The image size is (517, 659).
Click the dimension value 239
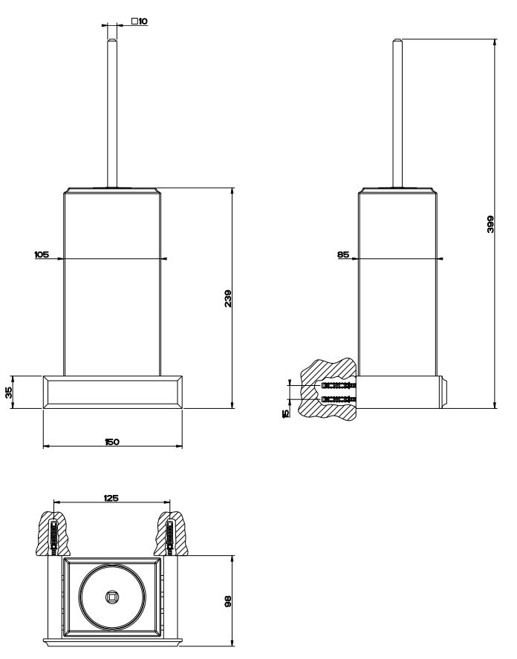[230, 298]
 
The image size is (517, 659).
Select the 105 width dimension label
[42, 254]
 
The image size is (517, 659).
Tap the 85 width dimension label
[342, 254]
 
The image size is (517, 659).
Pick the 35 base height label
[10, 393]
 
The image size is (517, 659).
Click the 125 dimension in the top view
[112, 499]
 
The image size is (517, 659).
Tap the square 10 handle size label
[139, 22]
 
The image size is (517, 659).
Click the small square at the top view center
[112, 596]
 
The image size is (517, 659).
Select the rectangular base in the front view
[112, 392]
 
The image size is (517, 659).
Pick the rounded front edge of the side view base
[446, 392]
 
